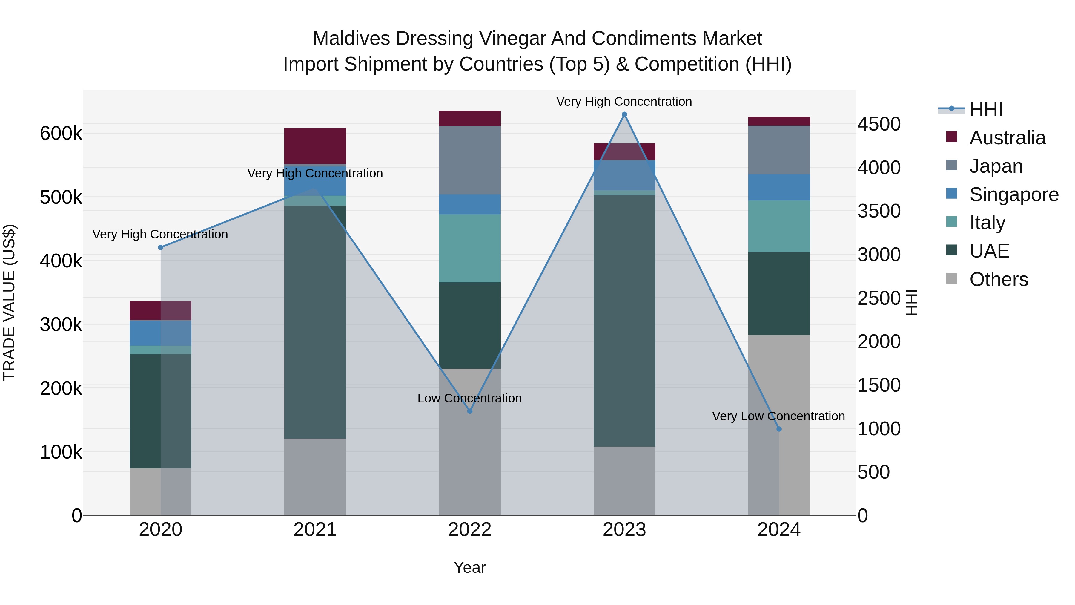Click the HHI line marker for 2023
(624, 114)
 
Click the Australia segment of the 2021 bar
(315, 146)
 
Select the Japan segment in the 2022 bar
(469, 160)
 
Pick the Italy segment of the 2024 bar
(779, 226)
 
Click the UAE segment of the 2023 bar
(624, 321)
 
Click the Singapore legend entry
(1014, 194)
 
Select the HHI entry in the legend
(986, 109)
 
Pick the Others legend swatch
(951, 278)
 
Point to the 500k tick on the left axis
(61, 197)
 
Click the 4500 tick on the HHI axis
(879, 124)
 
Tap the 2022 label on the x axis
(469, 530)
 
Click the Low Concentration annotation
(469, 398)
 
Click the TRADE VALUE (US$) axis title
(9, 302)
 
